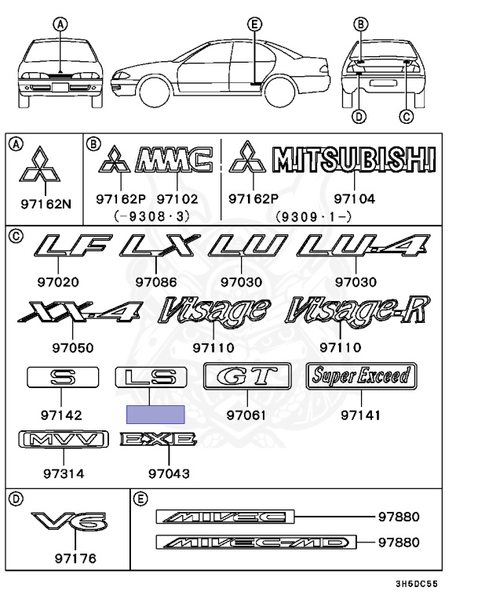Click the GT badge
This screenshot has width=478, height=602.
[246, 377]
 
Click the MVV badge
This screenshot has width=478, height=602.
[63, 441]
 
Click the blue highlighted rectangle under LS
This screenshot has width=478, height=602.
[156, 415]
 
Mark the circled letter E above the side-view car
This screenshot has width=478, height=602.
[254, 24]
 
